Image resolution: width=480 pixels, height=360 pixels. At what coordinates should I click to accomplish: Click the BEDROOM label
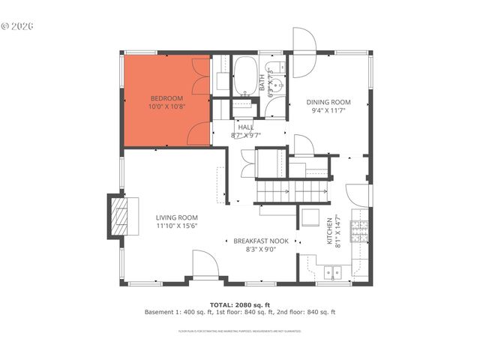click(166, 98)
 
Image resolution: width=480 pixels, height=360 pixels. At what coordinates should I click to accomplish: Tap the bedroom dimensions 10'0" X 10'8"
click(166, 106)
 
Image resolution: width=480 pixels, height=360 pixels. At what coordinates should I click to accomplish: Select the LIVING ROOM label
click(177, 217)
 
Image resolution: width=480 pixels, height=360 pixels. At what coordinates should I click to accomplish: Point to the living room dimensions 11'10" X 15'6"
click(177, 226)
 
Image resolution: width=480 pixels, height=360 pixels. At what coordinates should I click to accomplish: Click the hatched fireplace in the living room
click(119, 217)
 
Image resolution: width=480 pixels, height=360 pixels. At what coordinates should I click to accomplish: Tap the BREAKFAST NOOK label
click(260, 241)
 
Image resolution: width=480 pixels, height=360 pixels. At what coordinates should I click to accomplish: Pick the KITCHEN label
click(328, 231)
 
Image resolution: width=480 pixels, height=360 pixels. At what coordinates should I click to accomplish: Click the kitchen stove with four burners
click(360, 227)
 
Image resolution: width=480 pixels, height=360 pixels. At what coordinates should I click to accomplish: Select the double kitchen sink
click(329, 273)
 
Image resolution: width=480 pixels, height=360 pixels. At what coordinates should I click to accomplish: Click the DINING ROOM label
click(329, 102)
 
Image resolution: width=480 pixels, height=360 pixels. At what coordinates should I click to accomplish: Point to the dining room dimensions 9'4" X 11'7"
click(329, 110)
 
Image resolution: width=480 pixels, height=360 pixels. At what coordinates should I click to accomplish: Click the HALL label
click(245, 127)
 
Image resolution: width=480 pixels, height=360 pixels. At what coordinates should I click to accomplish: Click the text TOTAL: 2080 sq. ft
click(239, 304)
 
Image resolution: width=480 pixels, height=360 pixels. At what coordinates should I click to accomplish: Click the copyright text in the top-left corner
click(18, 25)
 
